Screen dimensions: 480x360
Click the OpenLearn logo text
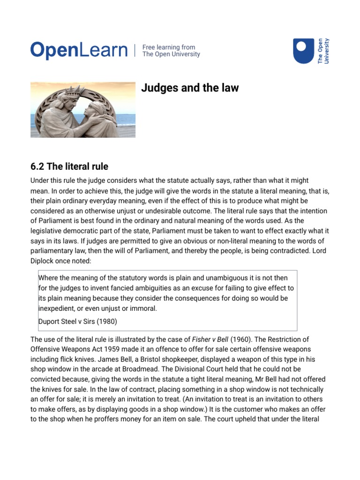pyautogui.click(x=79, y=51)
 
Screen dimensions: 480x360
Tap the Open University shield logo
pyautogui.click(x=303, y=51)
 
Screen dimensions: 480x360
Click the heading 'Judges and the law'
pyautogui.click(x=190, y=88)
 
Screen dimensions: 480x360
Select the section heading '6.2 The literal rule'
pyautogui.click(x=69, y=166)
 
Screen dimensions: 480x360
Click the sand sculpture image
pyautogui.click(x=83, y=110)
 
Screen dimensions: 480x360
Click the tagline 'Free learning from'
pyautogui.click(x=169, y=47)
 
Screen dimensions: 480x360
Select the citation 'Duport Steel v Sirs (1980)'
pyautogui.click(x=77, y=322)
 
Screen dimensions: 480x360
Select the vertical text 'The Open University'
pyautogui.click(x=323, y=51)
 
